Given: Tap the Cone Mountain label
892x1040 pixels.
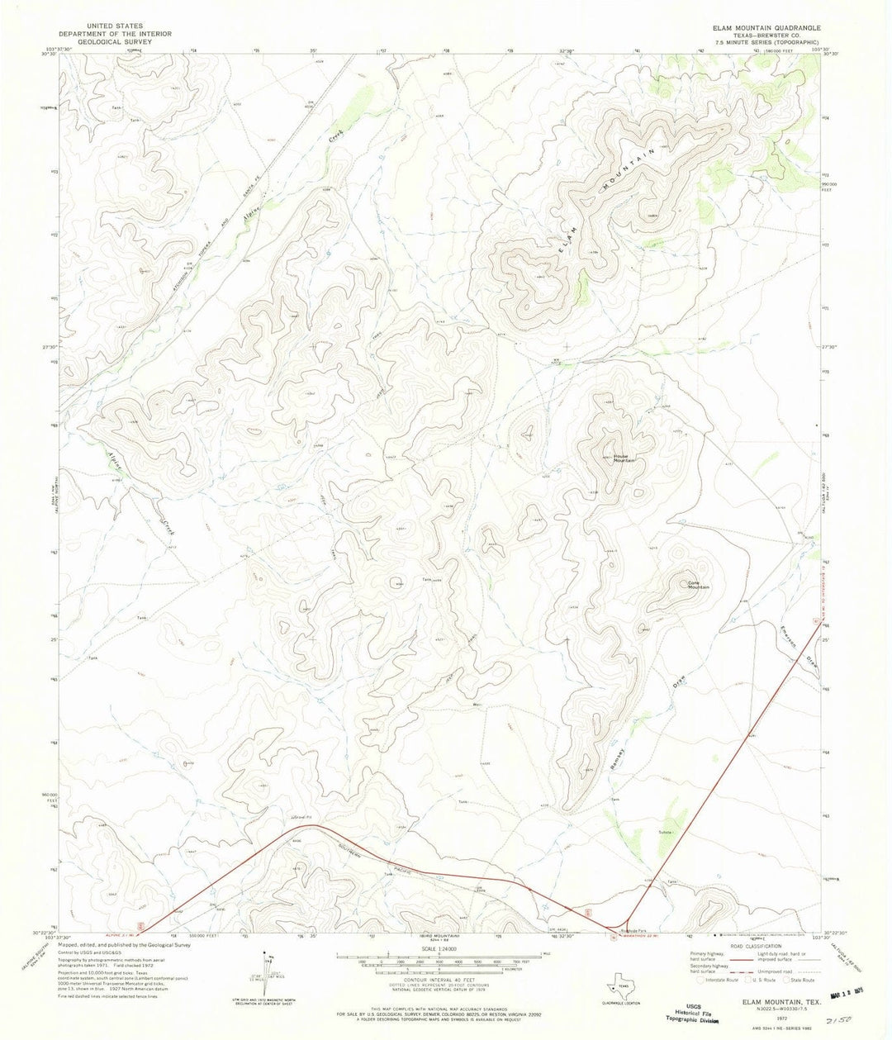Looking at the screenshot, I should (x=699, y=584).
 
